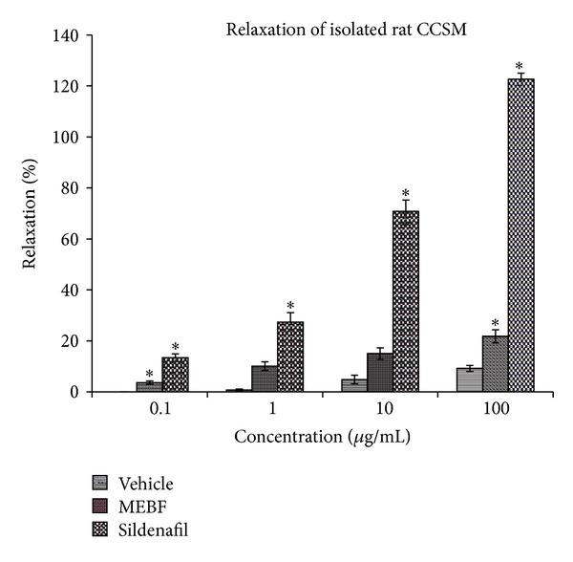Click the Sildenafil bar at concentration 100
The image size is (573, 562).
(x=520, y=235)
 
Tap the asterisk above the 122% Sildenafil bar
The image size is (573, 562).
(x=520, y=67)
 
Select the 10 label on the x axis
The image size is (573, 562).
(x=380, y=409)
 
